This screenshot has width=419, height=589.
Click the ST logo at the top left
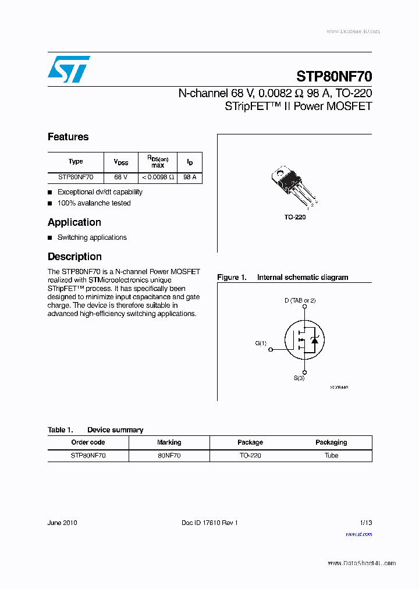coord(69,69)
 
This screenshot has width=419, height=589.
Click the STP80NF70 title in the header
coord(334,76)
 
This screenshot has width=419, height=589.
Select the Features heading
coord(68,137)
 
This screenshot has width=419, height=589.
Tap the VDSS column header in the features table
coord(120,162)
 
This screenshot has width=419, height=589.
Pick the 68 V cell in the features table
coord(120,177)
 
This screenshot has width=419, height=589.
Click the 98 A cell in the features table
coord(190,177)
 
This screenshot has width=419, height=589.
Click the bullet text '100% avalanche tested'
coord(94,203)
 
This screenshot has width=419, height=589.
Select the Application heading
coord(74,222)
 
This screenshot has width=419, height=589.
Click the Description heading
coord(74,257)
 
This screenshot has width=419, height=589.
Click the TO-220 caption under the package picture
coord(295,217)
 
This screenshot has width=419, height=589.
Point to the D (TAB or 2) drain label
coord(300,300)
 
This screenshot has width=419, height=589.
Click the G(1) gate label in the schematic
coord(261,343)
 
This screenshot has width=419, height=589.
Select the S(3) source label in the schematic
coord(299,378)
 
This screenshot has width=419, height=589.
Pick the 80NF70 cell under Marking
coord(169,456)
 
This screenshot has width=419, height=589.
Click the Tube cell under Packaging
coord(331,456)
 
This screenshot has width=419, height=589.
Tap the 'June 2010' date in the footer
coord(62,523)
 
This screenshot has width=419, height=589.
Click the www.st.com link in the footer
coord(358,534)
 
